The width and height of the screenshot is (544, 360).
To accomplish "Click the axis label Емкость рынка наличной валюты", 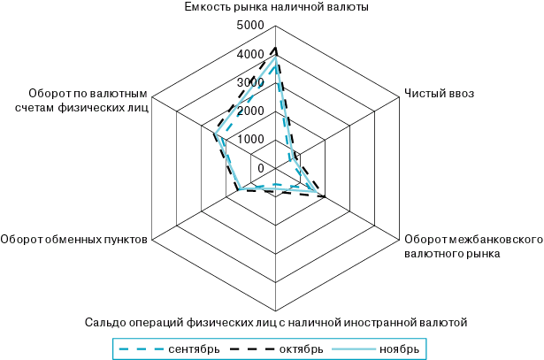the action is point(277,7).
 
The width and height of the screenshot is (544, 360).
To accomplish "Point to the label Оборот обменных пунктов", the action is point(74,238).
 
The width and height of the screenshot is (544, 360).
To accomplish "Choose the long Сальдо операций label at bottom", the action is point(276,321).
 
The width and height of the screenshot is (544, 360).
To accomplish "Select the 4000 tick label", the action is point(250,54).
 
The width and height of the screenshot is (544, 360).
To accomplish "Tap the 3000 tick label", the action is point(250,82).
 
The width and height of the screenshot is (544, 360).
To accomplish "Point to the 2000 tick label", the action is point(250,111).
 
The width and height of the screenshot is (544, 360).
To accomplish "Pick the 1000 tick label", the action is point(250,140).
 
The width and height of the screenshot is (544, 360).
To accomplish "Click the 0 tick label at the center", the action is point(261,168).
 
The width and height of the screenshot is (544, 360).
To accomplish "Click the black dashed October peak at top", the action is point(276,46).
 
